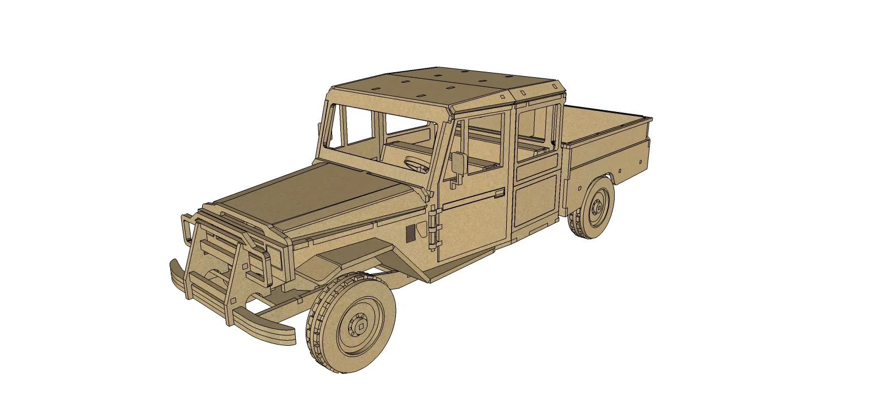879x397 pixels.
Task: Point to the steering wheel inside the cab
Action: point(417,163)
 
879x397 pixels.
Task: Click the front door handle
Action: point(499,193)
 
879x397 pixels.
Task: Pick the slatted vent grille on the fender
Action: point(411,232)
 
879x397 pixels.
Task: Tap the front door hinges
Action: point(434,226)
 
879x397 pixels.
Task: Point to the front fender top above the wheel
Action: point(352,251)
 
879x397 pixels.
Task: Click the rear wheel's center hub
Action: point(599,208)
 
